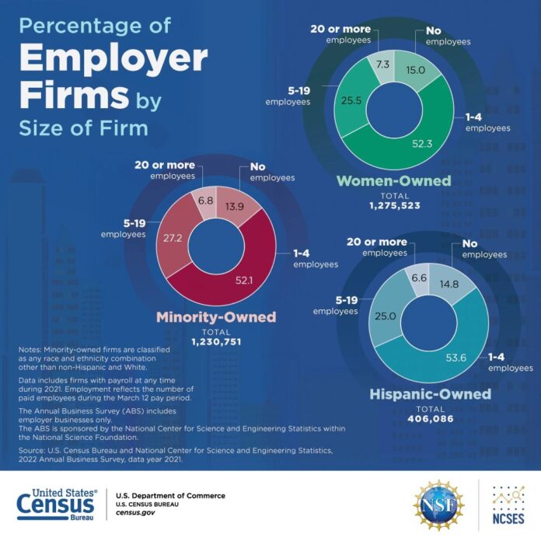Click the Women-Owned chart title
point(393,181)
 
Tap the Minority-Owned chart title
point(216,317)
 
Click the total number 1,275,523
point(393,207)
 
